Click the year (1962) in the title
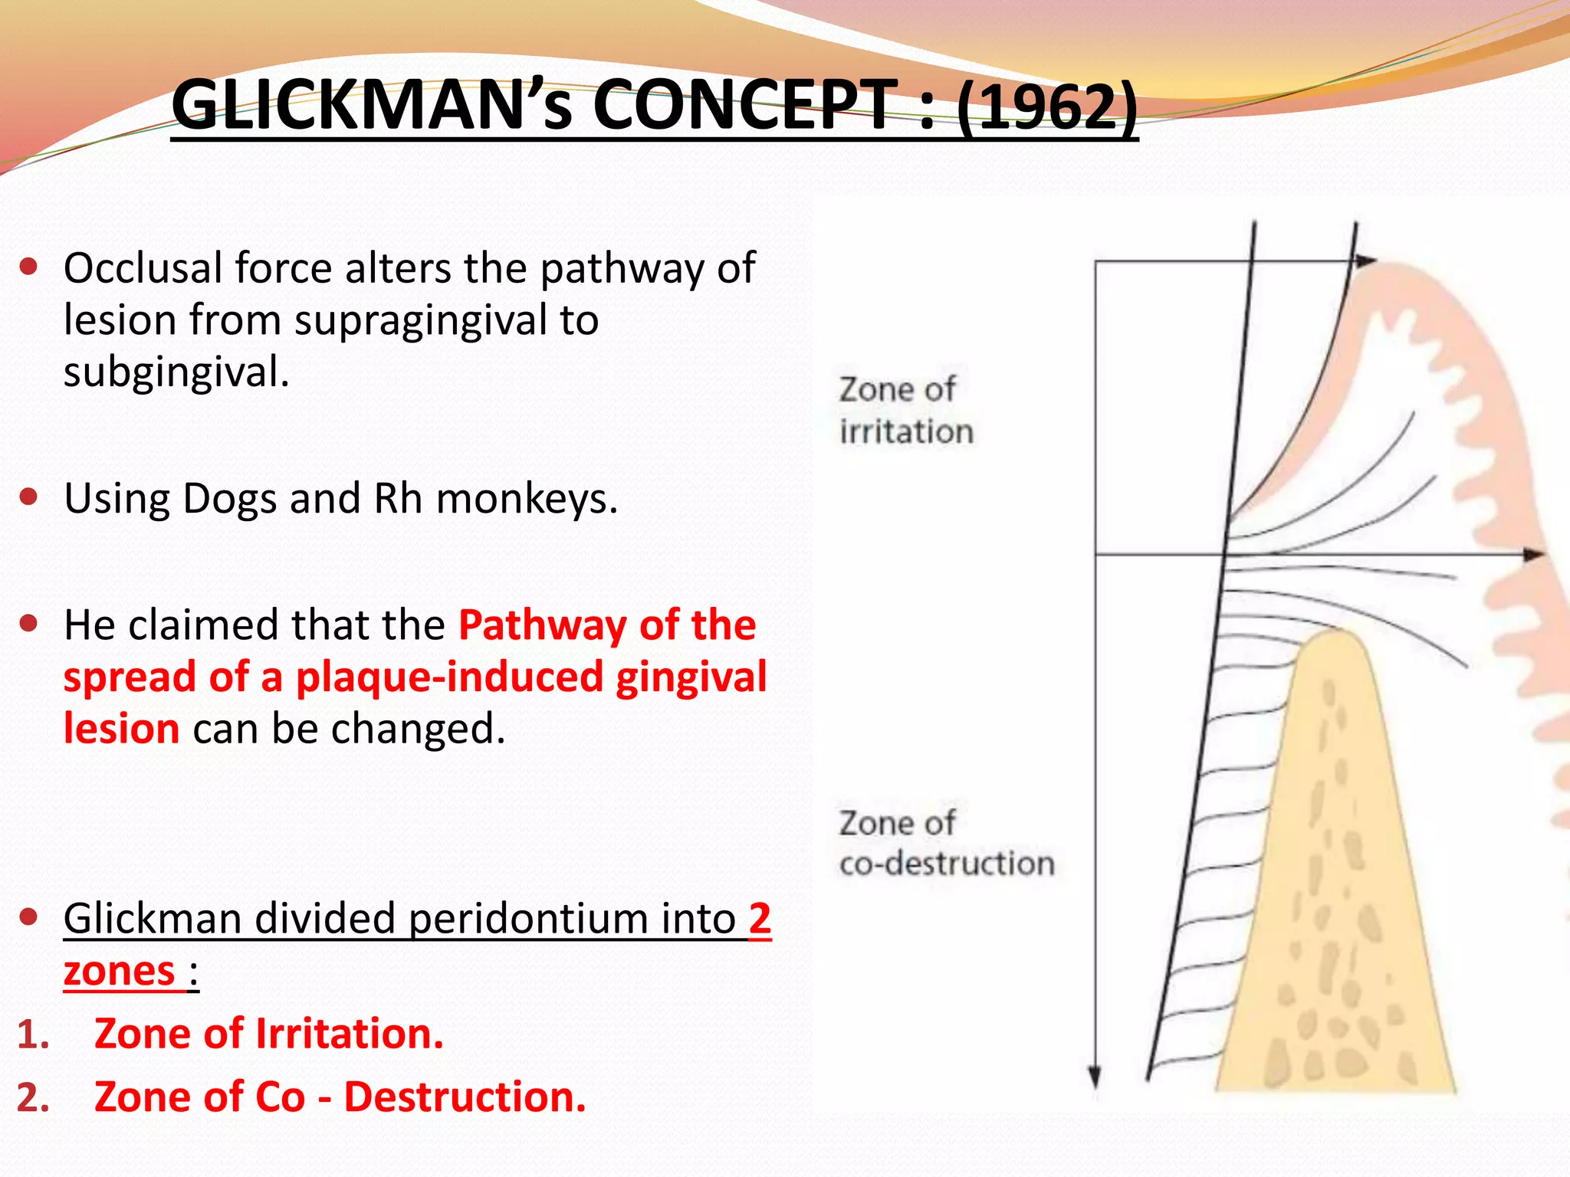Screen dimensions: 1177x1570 click(1047, 107)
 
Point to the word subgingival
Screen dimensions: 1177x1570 click(176, 373)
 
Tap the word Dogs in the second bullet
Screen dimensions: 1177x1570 click(229, 499)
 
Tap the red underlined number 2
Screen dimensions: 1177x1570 click(759, 918)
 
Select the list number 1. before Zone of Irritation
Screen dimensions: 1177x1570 click(33, 1034)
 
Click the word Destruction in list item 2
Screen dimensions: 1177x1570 click(465, 1097)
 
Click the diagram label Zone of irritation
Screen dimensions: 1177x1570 click(905, 410)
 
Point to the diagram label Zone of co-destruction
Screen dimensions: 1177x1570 click(945, 843)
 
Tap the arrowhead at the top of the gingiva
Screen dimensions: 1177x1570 click(1365, 261)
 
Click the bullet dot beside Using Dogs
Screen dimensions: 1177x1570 click(29, 497)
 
